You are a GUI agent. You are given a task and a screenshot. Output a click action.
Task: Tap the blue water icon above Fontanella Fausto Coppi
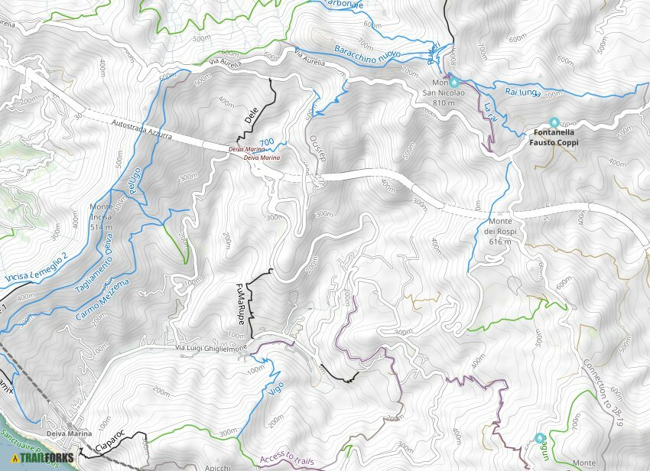(554, 122)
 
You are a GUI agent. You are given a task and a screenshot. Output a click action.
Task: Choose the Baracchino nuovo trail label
(367, 51)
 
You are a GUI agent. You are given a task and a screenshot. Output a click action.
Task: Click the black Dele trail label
(249, 115)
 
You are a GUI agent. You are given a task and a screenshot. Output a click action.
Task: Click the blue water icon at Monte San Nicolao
(453, 81)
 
